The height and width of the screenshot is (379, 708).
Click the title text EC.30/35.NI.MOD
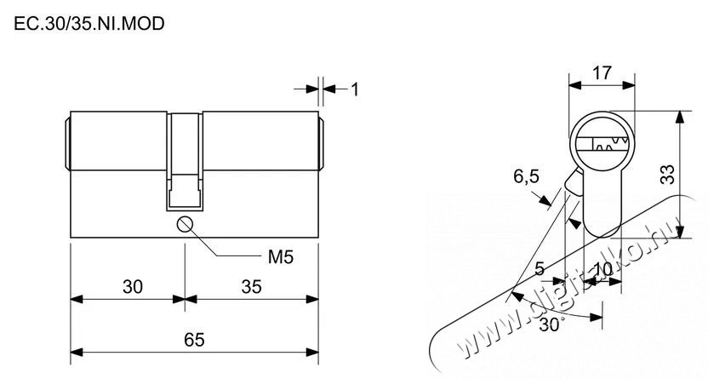(x=89, y=24)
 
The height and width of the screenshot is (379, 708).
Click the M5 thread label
(x=281, y=257)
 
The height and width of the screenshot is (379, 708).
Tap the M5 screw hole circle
(x=186, y=225)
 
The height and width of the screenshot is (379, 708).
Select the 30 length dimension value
(x=133, y=287)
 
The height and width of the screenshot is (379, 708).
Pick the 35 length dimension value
(x=251, y=287)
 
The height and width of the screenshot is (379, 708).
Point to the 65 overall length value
(x=194, y=340)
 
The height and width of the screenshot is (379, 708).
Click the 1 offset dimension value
(x=355, y=89)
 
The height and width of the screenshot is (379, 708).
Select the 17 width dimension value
(x=602, y=72)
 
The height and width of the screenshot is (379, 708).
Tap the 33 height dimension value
(x=667, y=175)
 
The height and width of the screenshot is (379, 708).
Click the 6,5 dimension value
(x=526, y=176)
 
